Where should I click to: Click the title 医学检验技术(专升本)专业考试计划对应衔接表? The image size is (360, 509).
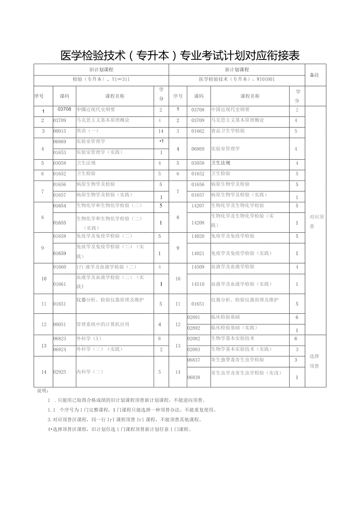point(180,56)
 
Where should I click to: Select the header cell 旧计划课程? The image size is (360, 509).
point(101,70)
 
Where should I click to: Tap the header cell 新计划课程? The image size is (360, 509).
point(237,70)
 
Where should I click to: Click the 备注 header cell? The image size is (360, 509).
point(315,75)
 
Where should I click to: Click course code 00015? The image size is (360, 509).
point(60,131)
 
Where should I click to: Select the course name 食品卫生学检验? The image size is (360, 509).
point(228,131)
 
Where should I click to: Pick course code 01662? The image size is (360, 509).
point(198,131)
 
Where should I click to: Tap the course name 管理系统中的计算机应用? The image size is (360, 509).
point(103,324)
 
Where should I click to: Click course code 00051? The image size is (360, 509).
point(60,324)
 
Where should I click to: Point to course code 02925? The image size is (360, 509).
point(60,372)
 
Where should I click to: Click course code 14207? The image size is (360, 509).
point(198,205)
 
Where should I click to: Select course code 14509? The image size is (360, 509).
point(198,267)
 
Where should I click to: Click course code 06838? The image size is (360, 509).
point(194,378)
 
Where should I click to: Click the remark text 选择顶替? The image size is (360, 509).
point(314,361)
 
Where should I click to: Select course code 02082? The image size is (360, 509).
point(194,338)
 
